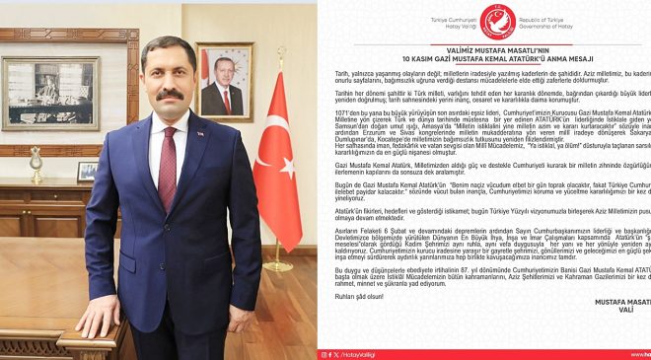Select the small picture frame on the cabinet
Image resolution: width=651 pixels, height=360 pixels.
[87, 171]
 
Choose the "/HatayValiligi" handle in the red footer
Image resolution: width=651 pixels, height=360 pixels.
[351, 353]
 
